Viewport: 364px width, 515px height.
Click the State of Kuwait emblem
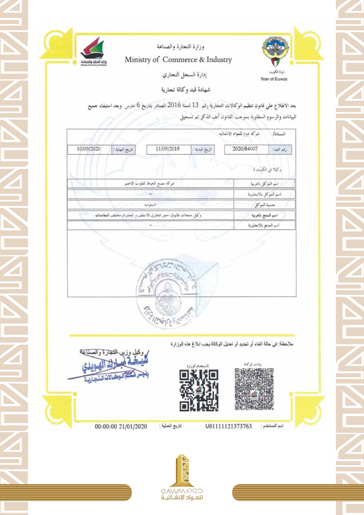tap(275, 52)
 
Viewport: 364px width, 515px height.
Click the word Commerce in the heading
tap(180, 60)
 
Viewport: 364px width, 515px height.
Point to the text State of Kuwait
tap(274, 79)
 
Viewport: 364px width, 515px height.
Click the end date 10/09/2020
tap(89, 149)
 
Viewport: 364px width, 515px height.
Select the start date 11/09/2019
tap(167, 149)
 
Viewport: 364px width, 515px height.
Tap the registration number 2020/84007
tap(245, 149)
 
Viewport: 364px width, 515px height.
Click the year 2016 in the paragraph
tap(174, 105)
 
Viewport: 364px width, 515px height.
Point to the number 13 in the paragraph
tap(195, 105)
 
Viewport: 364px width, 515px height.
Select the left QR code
tap(199, 390)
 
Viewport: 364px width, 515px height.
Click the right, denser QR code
tap(254, 388)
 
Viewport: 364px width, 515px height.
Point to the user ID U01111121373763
tap(228, 426)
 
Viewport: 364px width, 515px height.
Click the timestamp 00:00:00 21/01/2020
tap(121, 426)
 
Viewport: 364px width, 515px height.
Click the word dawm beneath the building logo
tap(171, 491)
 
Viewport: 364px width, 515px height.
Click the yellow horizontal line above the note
tap(182, 335)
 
